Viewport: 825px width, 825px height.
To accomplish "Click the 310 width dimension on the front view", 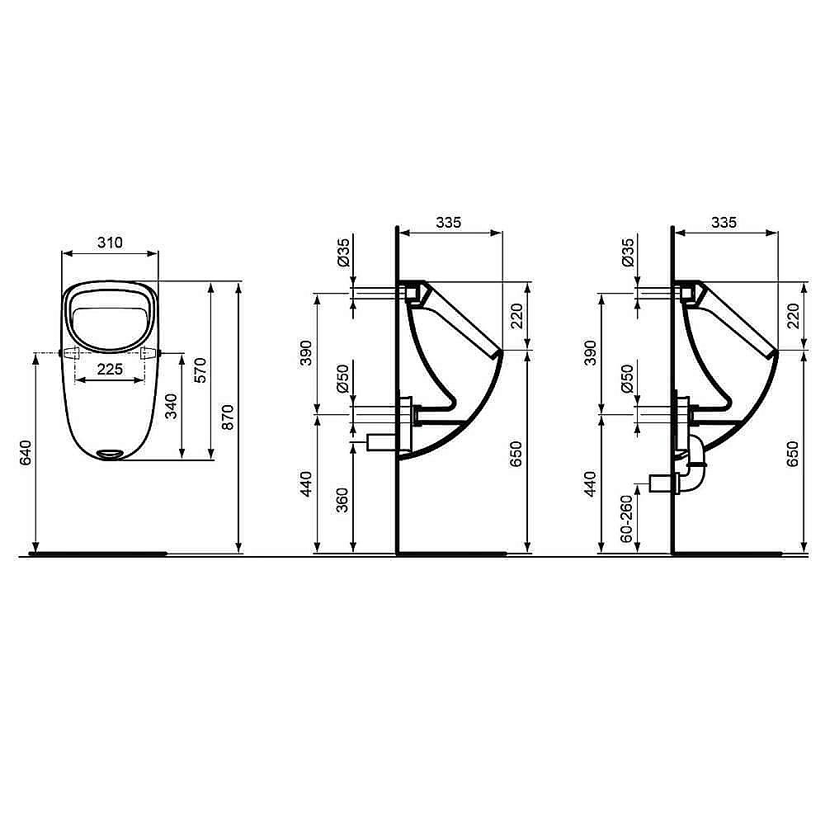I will (x=110, y=242).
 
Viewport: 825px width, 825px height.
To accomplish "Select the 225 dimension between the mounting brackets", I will (x=110, y=370).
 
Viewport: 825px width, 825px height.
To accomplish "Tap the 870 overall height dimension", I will (x=229, y=417).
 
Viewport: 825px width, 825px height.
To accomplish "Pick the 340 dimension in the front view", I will (x=172, y=406).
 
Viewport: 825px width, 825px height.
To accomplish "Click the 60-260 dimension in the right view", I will (x=626, y=518).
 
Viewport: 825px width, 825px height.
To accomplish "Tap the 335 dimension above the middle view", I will (x=448, y=222).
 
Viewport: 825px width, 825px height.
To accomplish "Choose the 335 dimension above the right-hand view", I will (x=724, y=222).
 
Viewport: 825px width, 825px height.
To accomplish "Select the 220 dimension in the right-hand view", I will (x=794, y=314).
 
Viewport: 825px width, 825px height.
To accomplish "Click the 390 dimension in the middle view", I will (x=307, y=352).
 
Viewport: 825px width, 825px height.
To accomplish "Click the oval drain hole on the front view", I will (x=110, y=452).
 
